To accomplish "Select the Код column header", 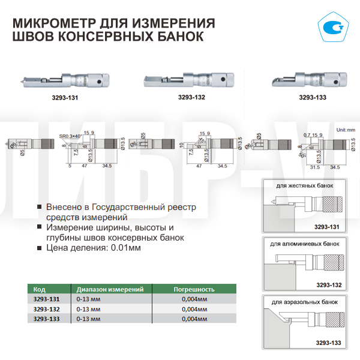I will pos(38,289).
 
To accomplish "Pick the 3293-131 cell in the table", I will pos(46,298).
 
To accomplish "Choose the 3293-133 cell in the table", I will pos(46,318).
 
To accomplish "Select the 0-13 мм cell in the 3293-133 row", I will pos(89,318).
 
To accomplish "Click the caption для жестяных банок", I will pos(304,186).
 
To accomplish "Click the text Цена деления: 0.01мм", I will pos(93,247).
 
